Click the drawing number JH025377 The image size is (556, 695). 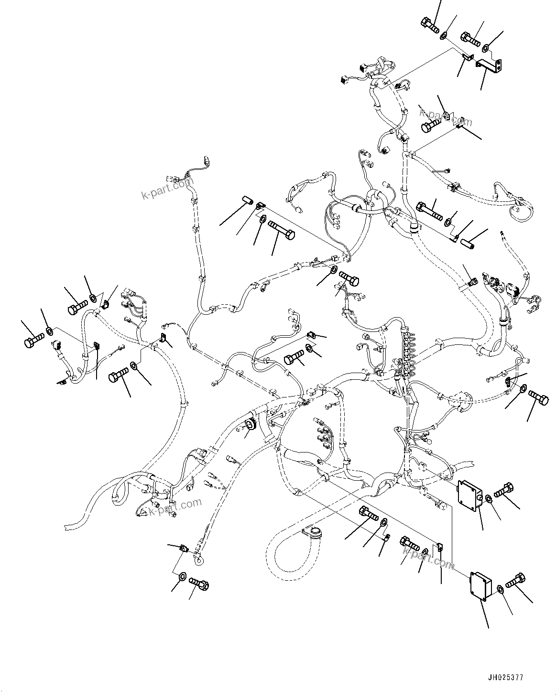click(506, 678)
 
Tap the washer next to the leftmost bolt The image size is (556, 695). click(50, 331)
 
